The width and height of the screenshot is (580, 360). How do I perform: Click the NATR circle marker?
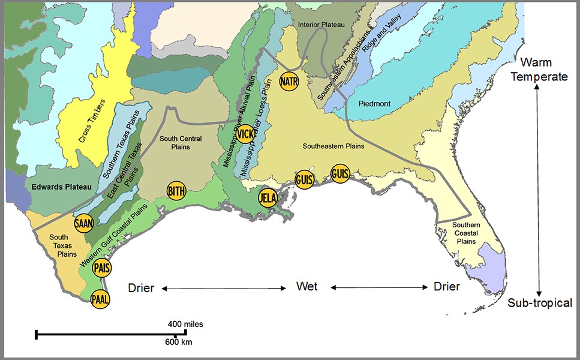click(289, 80)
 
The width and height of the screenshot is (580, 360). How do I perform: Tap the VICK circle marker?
click(246, 134)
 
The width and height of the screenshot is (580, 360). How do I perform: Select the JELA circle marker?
click(268, 197)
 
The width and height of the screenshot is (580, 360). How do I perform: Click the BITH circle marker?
click(176, 191)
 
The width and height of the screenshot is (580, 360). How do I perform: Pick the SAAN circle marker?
click(83, 223)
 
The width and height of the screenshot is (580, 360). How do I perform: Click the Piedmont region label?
click(374, 104)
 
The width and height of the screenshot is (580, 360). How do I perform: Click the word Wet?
click(306, 286)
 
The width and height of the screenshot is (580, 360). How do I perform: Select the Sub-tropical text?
click(539, 302)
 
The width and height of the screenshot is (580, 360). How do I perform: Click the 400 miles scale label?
click(185, 324)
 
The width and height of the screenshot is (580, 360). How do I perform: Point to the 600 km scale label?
click(178, 342)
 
